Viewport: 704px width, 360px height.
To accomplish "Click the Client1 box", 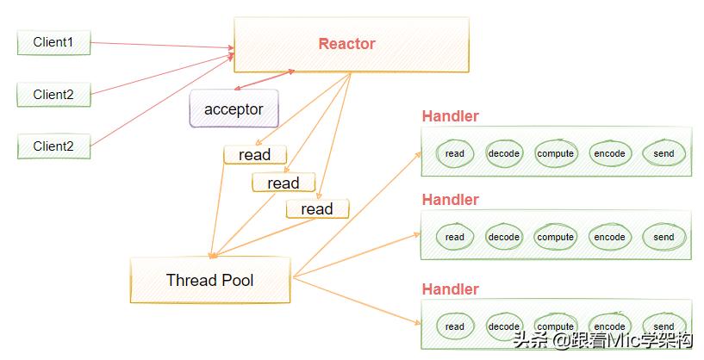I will click(x=53, y=42).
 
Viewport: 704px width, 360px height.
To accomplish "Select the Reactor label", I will click(x=347, y=44).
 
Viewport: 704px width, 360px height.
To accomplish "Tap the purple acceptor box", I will click(x=234, y=109).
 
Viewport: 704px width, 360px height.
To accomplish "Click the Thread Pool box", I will click(x=209, y=281).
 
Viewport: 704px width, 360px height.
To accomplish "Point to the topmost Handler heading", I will click(x=450, y=116).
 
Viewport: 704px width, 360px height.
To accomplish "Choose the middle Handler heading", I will click(x=450, y=200).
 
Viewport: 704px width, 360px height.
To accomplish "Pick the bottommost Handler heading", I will click(x=450, y=289).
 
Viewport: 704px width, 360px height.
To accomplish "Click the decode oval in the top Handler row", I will click(x=504, y=153).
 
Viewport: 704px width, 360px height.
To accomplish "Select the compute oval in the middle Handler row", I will click(x=555, y=237).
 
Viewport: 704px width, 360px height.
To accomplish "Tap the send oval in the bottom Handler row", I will click(x=664, y=326).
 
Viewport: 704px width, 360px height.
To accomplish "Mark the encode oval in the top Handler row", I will click(x=609, y=153).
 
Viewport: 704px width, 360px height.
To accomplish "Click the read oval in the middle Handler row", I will click(x=455, y=237).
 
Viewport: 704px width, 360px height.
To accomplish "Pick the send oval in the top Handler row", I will click(x=664, y=153).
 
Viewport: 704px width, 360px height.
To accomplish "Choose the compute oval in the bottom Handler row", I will click(x=555, y=326).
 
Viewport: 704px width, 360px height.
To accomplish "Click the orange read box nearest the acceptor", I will click(x=254, y=155).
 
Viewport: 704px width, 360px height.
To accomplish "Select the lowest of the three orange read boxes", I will click(x=316, y=209).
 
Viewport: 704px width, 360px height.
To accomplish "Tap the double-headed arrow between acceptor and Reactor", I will click(x=264, y=80).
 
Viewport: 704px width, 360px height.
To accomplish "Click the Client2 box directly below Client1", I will click(x=53, y=95).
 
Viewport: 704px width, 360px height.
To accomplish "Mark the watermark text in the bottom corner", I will click(x=603, y=341).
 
